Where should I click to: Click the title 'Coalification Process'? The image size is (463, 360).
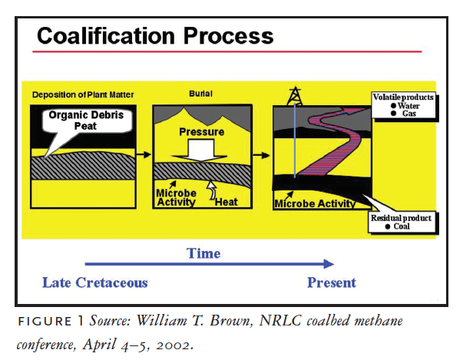tap(155, 35)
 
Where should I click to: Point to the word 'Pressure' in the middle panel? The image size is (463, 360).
tap(202, 131)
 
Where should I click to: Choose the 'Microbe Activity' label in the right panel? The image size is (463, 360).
tap(315, 203)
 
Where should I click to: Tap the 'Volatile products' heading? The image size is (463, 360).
tap(403, 97)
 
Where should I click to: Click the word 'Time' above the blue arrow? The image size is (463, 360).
tap(203, 253)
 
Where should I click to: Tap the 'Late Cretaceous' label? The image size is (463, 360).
tap(94, 282)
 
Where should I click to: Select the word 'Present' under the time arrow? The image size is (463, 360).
tap(332, 282)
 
